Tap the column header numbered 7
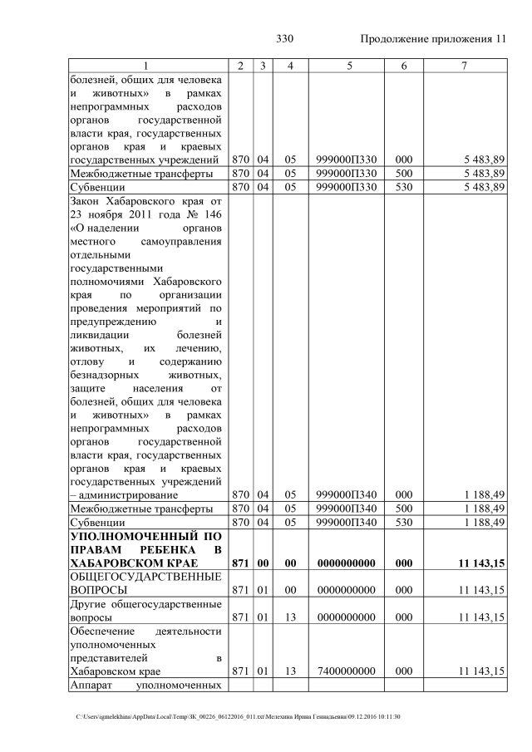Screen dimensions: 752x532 (464, 65)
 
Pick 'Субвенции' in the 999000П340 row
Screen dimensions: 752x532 (98, 522)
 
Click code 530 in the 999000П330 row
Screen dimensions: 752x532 (404, 188)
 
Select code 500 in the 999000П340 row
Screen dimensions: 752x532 (404, 509)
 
